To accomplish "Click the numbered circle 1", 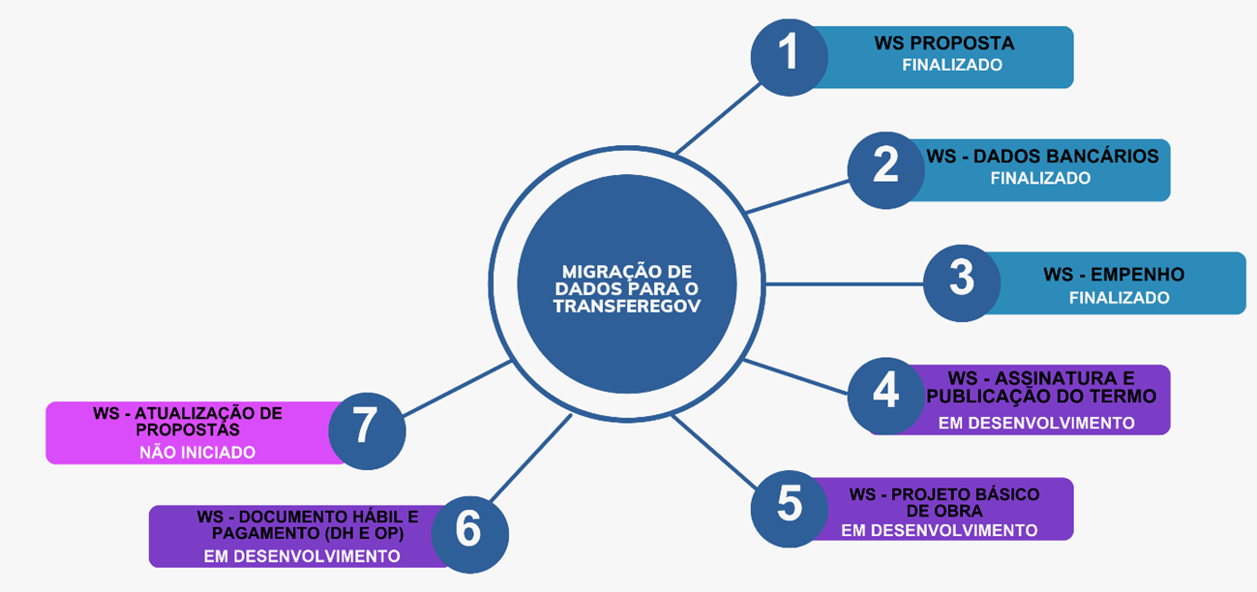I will pos(790,57).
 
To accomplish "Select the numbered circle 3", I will pos(961,282).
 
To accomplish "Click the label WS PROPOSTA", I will pos(943,44).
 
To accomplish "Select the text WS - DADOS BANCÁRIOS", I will pos(1042,157).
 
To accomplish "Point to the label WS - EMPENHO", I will pos(1114,275).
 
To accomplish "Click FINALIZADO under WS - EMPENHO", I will pos(1119,298).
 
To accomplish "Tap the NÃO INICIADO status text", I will pos(197,452).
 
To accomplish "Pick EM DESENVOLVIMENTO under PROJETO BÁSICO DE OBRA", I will pos(939,530).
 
